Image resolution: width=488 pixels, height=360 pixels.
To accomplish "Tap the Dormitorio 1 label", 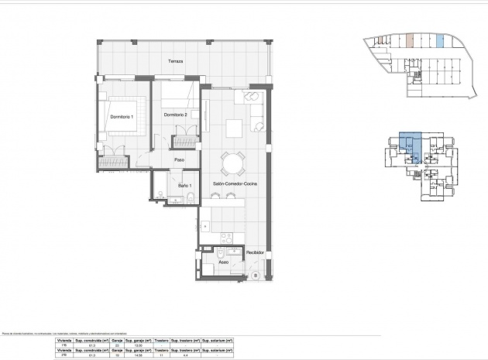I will point(122,116).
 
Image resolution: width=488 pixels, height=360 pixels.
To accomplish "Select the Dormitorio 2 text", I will point(176,115).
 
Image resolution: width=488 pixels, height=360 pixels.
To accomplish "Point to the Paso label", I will point(179,160).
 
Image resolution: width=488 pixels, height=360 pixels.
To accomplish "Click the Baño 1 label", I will point(184,186).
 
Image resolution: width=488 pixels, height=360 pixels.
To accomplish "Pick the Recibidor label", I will point(256,252).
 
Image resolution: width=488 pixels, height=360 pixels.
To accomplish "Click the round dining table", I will point(232,163).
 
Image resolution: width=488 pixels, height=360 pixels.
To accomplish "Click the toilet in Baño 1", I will point(190,200).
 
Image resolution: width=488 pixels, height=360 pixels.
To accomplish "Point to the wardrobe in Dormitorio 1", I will point(113,162).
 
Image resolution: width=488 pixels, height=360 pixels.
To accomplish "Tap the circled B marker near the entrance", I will point(254,275).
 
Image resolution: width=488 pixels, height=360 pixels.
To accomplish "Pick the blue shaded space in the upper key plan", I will point(440,42).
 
